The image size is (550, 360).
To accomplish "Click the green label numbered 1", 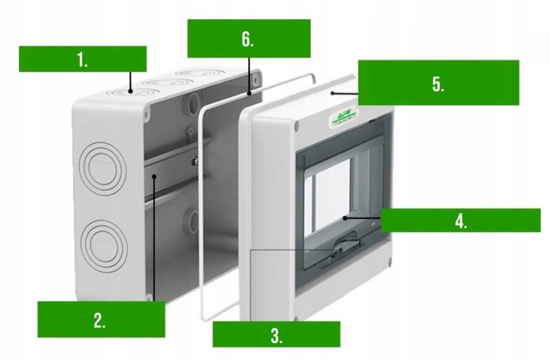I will (82, 59).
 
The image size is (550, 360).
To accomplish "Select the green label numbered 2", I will (101, 319).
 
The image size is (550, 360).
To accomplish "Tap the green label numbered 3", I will (276, 334).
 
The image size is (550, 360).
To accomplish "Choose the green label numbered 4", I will (461, 220).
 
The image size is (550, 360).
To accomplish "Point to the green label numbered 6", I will (249, 39).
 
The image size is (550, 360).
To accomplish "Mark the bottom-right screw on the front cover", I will (390, 262).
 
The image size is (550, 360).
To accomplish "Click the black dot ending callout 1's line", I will (130, 91).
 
